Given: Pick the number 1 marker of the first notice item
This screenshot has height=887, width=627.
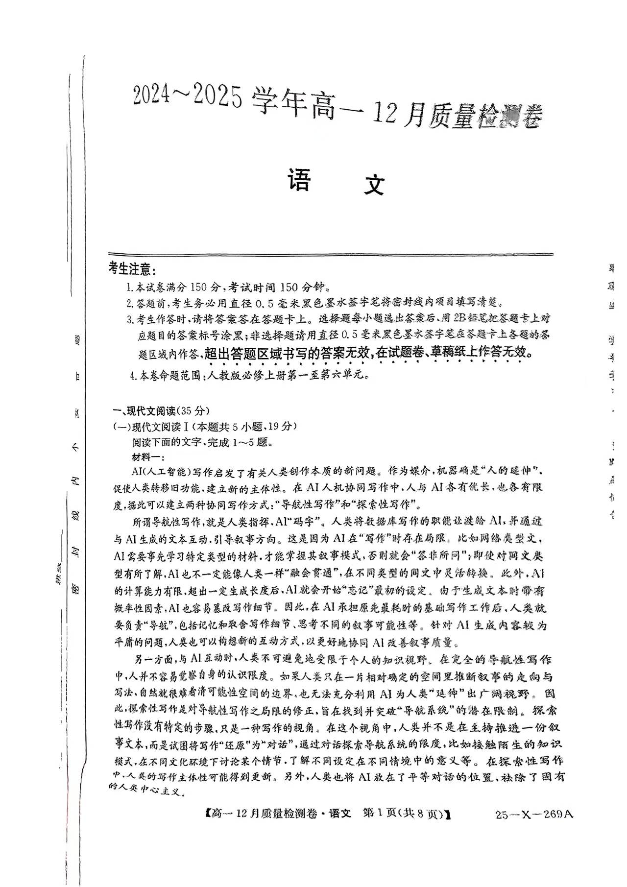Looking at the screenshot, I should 129,287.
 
